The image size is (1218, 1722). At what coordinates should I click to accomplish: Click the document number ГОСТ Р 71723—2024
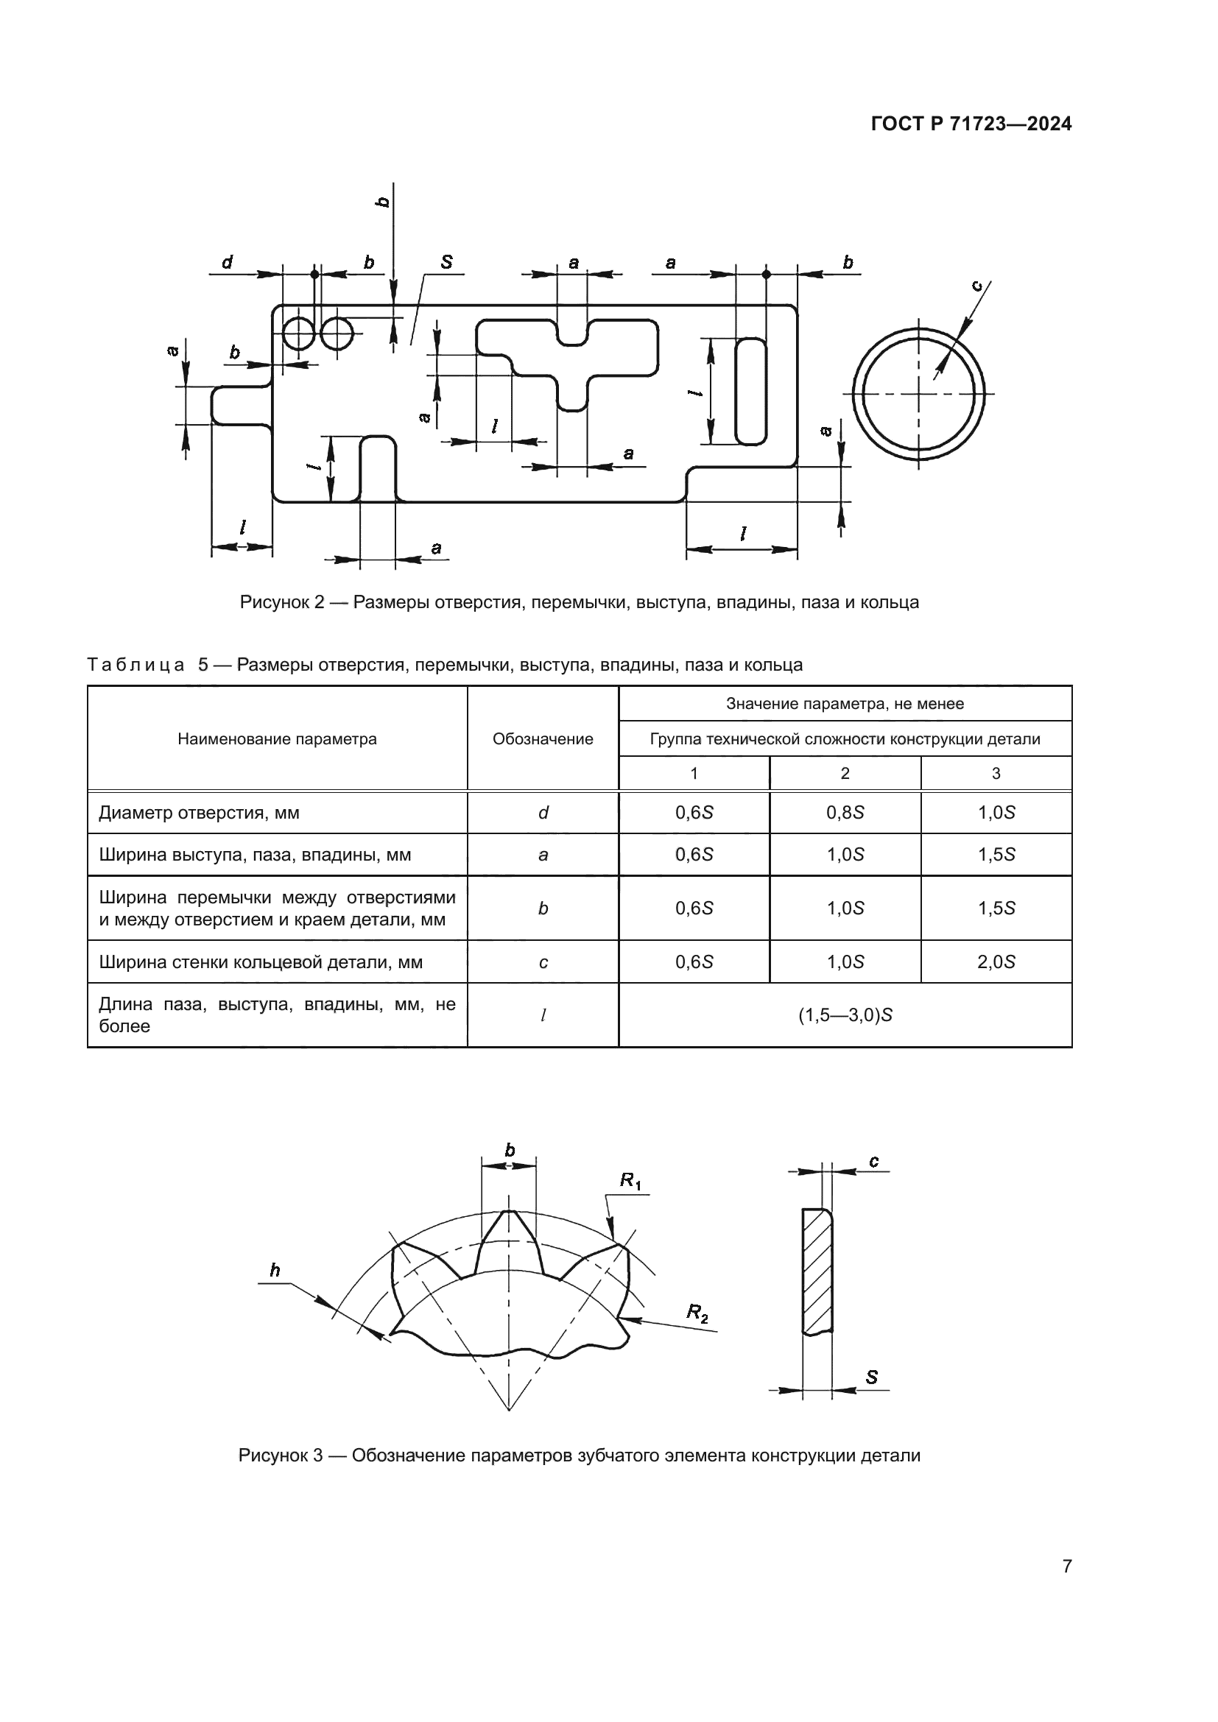click(971, 124)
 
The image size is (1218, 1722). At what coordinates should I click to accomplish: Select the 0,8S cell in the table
click(845, 813)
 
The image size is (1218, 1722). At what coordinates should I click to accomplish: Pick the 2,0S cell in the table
click(996, 961)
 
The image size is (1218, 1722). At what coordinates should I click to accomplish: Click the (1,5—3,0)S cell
click(845, 1015)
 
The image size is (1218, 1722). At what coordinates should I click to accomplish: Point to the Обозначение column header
click(542, 738)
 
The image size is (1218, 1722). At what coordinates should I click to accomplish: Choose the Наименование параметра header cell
click(277, 738)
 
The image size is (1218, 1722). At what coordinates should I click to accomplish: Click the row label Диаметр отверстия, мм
click(199, 813)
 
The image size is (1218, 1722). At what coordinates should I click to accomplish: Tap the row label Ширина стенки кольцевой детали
click(260, 961)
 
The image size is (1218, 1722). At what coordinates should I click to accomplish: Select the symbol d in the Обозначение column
click(543, 813)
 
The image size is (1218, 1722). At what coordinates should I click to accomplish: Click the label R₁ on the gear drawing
click(630, 1180)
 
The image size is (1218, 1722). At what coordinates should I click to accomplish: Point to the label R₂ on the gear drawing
click(697, 1313)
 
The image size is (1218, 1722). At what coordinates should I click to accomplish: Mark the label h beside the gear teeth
click(275, 1270)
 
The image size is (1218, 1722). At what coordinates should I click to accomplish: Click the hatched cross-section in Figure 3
click(817, 1271)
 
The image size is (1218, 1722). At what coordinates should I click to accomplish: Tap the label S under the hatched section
click(871, 1377)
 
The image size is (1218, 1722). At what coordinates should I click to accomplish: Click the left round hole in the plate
click(298, 333)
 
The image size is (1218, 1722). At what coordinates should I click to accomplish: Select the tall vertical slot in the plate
click(750, 392)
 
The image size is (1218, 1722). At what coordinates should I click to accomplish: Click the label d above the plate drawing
click(227, 263)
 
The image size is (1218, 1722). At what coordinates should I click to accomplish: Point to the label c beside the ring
click(976, 286)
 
